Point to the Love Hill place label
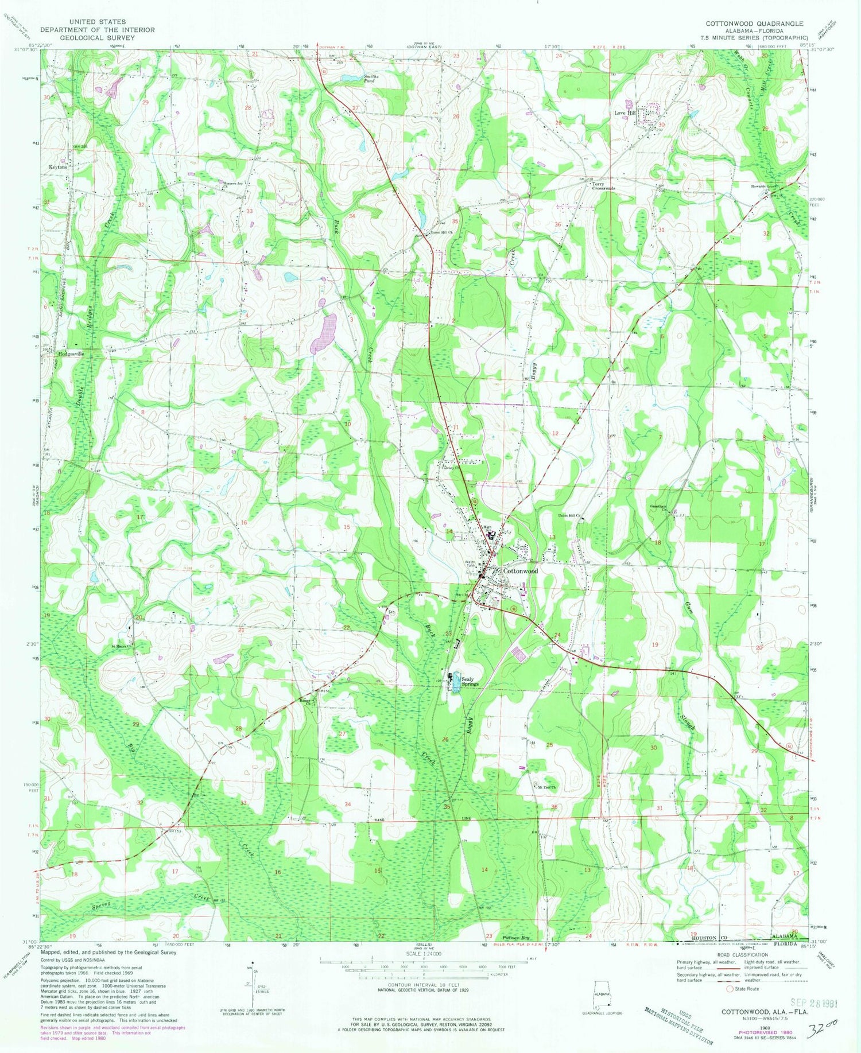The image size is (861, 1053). [625, 113]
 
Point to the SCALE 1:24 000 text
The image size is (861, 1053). [430, 953]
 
